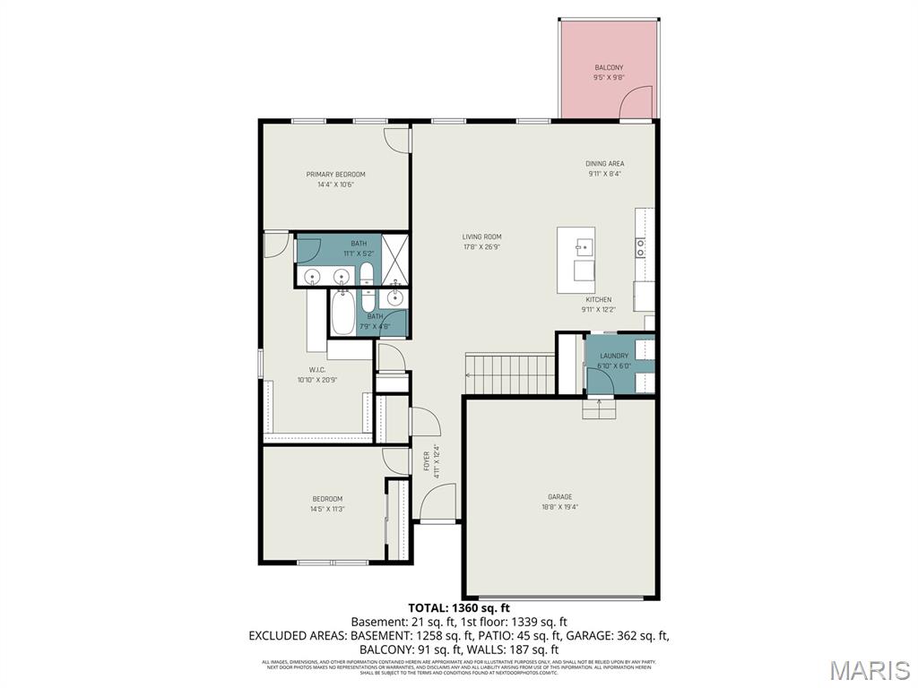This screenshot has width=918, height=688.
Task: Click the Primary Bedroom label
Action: (x=335, y=175)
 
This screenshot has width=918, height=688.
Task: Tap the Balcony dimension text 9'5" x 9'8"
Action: (x=609, y=78)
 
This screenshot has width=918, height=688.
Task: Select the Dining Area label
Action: (x=604, y=164)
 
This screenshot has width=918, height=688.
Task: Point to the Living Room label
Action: (x=481, y=237)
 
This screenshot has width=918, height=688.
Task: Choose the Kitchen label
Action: (x=598, y=299)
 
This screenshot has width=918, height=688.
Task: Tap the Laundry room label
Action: (x=614, y=356)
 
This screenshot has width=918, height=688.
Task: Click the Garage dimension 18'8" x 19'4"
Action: (x=560, y=507)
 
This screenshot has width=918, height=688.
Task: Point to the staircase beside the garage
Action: (x=509, y=372)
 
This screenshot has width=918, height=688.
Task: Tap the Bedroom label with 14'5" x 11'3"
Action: (x=327, y=499)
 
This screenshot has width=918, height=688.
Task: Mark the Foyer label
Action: (x=427, y=461)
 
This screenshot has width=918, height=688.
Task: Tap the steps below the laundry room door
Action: (x=600, y=409)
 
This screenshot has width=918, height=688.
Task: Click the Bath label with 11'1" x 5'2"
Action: (x=359, y=244)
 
